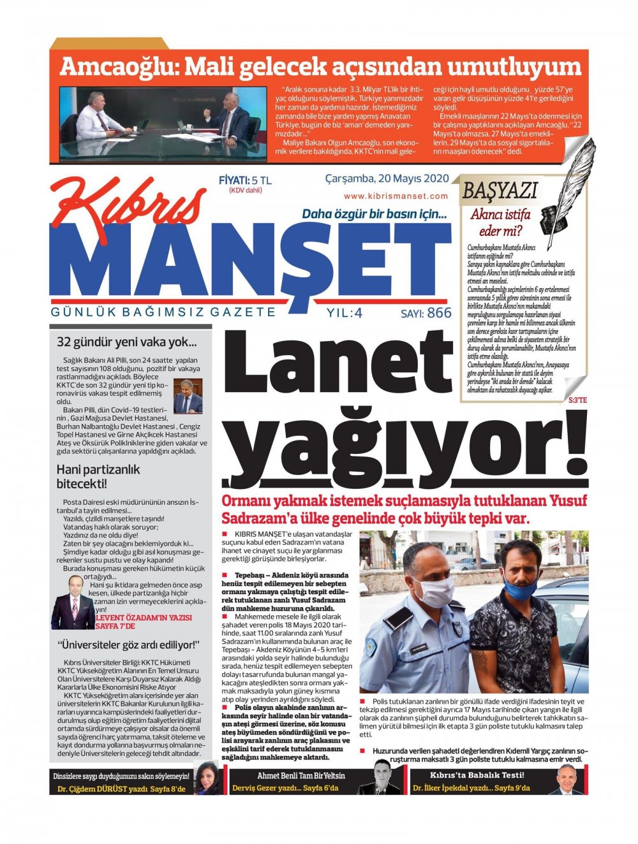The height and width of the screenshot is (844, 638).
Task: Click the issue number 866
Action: click(x=439, y=313)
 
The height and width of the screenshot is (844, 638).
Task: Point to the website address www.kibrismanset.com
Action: click(x=396, y=196)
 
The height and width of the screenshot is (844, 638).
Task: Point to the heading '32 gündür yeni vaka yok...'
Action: click(x=126, y=342)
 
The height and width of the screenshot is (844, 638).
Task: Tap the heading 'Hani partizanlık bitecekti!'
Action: click(x=98, y=477)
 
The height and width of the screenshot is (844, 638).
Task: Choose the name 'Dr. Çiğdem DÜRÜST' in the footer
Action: click(x=93, y=789)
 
